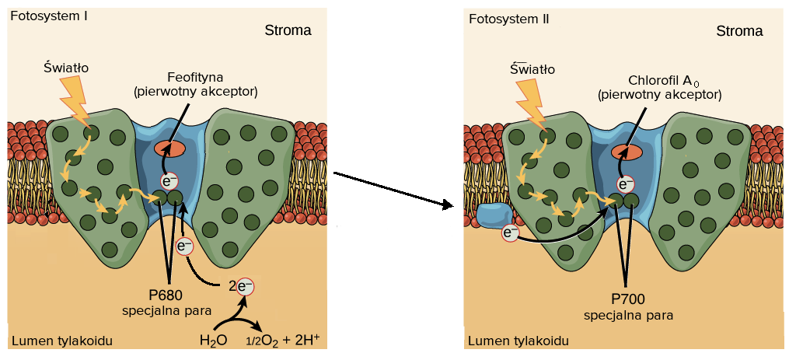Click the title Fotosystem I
[48, 17]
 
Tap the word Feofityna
[195, 77]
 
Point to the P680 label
[166, 295]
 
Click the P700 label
[627, 299]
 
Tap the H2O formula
[213, 340]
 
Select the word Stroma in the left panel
[287, 31]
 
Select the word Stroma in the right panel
[739, 31]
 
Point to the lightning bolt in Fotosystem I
[75, 102]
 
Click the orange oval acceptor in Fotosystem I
[169, 148]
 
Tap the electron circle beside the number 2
[243, 286]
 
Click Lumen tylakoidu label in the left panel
[62, 341]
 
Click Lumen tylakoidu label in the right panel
[518, 341]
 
